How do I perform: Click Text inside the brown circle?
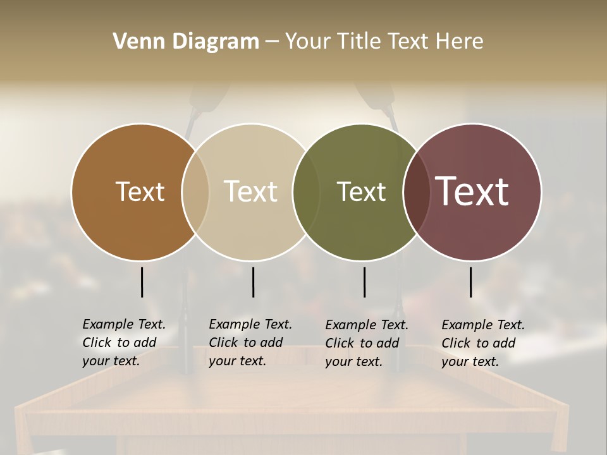[140, 191]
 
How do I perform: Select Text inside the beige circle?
[251, 191]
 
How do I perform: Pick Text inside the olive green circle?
[361, 191]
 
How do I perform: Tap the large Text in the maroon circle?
[472, 191]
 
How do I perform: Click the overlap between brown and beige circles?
[195, 192]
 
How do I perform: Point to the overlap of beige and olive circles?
[306, 192]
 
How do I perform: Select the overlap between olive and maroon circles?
[417, 192]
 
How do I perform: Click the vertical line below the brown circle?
[142, 282]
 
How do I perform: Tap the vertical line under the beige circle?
[253, 282]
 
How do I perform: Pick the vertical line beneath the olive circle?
[364, 282]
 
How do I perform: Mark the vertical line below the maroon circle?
[470, 282]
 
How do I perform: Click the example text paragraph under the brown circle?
[124, 343]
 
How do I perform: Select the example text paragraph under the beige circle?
[250, 343]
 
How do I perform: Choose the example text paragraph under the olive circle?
[367, 343]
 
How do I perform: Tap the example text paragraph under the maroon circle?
[483, 343]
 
